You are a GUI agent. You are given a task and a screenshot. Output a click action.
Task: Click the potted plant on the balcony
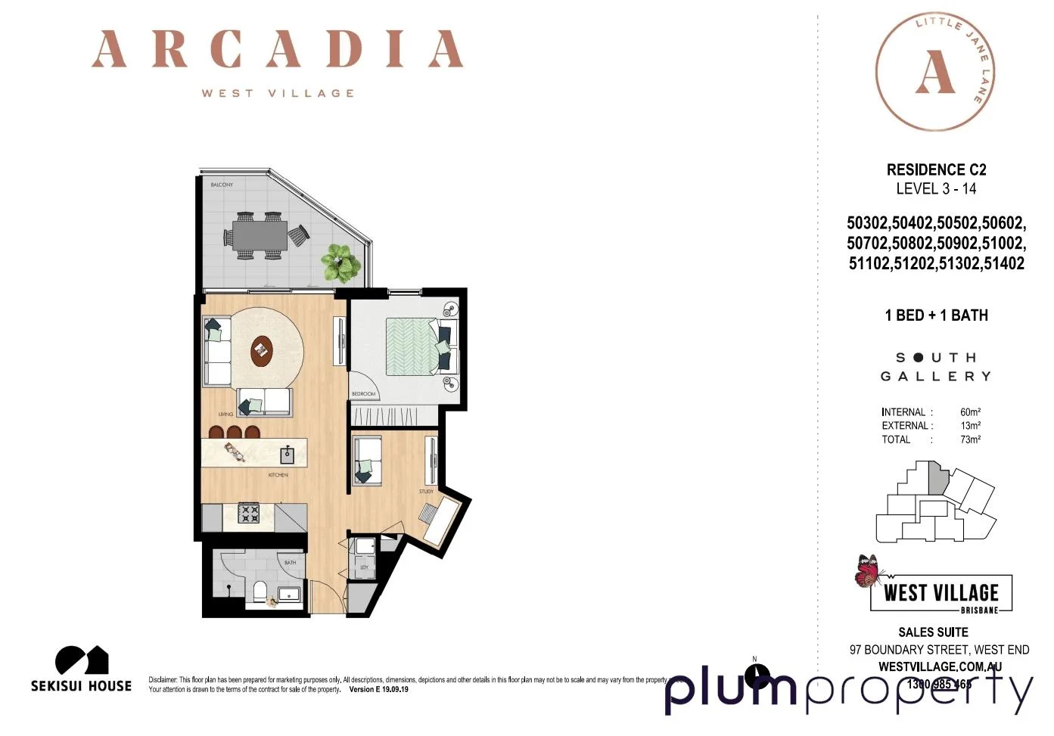coord(341,262)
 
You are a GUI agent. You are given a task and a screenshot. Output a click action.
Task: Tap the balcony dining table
coord(260,234)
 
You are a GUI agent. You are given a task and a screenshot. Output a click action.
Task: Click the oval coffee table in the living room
coord(262,350)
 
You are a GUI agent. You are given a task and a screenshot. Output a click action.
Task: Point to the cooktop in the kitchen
coord(249,514)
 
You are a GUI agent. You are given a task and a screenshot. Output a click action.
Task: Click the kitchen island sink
coord(288,455)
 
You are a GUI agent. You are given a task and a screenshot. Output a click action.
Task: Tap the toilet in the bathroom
coord(260,591)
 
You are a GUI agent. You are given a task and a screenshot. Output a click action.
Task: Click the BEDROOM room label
coord(363,394)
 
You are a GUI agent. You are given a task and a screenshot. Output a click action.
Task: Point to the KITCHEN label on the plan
coord(278,475)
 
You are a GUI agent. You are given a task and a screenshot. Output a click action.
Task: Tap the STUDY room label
coord(426,492)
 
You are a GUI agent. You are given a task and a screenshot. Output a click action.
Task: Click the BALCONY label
coord(222,185)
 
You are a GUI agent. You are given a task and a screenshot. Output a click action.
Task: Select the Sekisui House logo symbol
coord(82,660)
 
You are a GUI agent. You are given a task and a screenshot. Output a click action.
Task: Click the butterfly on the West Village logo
coord(868,571)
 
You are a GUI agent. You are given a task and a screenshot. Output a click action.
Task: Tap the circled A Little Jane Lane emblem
coord(935,72)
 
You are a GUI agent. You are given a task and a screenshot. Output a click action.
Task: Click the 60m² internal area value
coord(970,412)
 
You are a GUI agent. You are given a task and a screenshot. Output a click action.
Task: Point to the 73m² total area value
coord(970,439)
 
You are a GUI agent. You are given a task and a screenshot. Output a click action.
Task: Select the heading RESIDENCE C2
coord(936,169)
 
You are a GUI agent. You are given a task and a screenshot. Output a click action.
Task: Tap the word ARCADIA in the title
coord(277,50)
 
